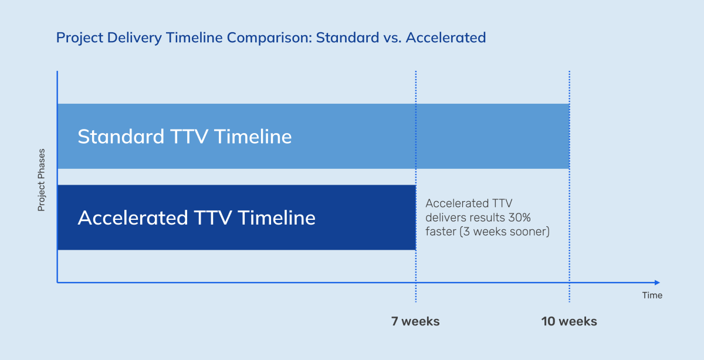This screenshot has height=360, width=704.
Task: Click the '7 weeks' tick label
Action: [x=415, y=321]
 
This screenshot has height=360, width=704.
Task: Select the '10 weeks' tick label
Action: [x=569, y=321]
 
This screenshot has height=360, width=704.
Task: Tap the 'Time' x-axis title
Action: [x=652, y=295]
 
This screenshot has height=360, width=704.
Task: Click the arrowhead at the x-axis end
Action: [x=657, y=283]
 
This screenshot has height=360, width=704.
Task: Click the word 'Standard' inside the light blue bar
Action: [x=121, y=137]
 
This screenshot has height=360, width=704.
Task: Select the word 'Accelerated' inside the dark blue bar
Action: [x=133, y=218]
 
